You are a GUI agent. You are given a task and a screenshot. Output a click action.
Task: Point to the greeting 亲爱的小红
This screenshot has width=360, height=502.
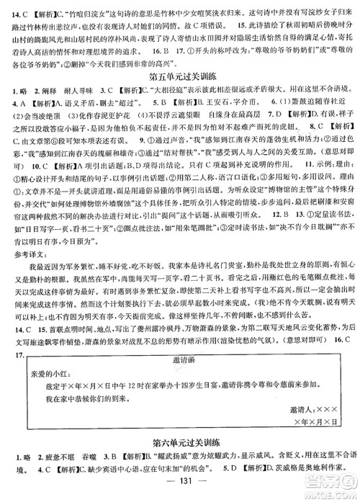pos(50,376)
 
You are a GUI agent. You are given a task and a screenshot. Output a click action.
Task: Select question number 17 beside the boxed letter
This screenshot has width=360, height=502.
pos(13,357)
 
